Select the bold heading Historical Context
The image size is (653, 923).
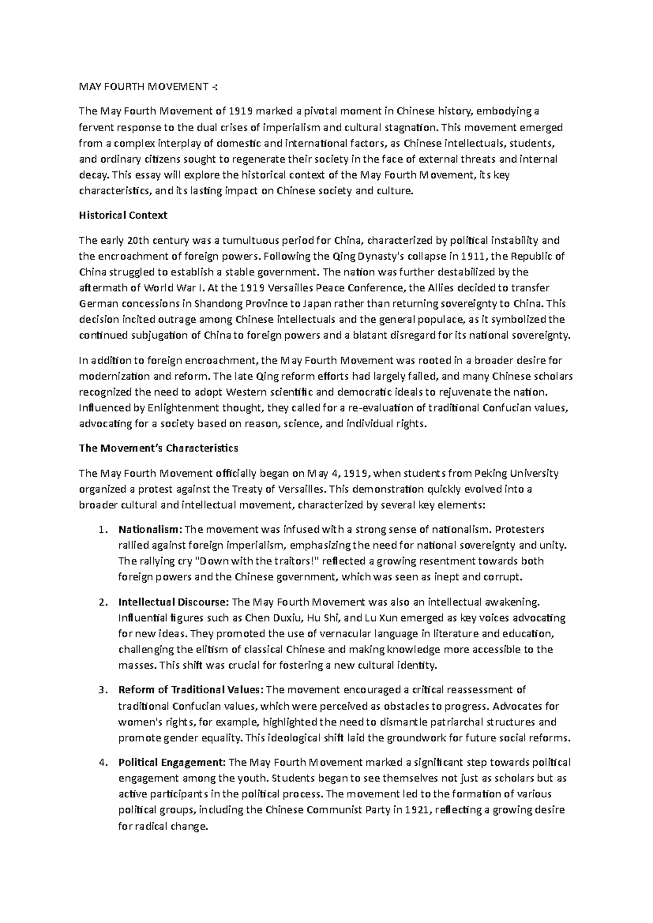click(123, 215)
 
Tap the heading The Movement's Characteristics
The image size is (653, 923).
click(158, 448)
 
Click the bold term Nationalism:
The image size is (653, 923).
click(151, 530)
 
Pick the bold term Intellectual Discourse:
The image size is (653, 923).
click(174, 602)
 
